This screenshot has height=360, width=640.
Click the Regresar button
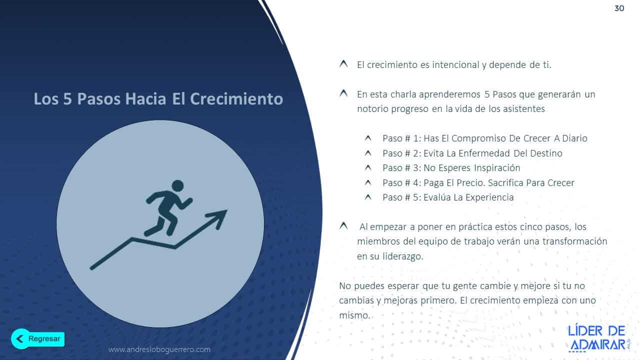[38, 338]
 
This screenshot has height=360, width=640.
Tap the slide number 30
[619, 8]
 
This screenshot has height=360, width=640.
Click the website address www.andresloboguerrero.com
[159, 349]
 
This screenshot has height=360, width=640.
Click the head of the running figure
[177, 185]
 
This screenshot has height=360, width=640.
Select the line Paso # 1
[484, 138]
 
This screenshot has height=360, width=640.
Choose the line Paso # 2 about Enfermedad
[472, 153]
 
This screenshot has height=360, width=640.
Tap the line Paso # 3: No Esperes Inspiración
[451, 167]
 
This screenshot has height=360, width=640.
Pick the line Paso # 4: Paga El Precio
[478, 182]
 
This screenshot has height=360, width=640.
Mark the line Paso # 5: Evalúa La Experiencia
[448, 197]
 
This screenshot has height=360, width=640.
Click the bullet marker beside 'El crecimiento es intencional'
[343, 64]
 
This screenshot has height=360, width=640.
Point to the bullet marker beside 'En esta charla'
[343, 93]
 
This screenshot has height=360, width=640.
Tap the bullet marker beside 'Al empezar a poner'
[343, 226]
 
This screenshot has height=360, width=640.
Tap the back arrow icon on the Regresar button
[20, 338]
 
